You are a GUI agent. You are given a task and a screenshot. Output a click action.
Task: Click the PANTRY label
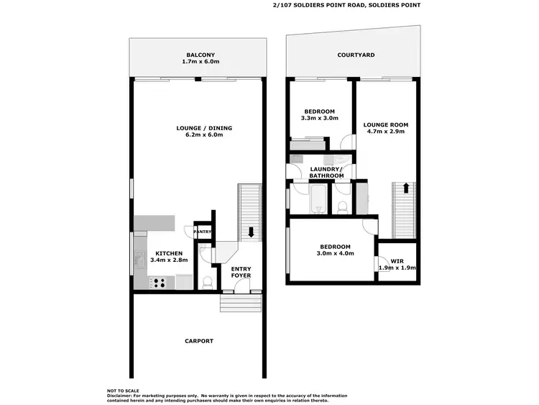coord(203,232)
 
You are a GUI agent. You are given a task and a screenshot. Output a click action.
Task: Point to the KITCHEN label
coord(169,253)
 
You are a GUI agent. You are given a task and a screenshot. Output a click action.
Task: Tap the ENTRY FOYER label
coord(241,272)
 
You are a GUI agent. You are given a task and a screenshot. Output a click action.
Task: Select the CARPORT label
coord(199,341)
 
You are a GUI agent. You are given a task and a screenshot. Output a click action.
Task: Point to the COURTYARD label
coord(356,55)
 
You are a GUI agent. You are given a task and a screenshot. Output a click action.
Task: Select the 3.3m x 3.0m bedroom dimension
coord(319,118)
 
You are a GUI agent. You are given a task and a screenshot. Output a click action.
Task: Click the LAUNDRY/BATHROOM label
coord(326,173)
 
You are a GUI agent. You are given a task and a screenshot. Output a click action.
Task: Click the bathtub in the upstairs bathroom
coord(317,199)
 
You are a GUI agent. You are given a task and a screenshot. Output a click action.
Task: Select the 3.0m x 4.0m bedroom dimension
coord(336,252)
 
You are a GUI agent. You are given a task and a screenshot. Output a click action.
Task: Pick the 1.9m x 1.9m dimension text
coord(397,268)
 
